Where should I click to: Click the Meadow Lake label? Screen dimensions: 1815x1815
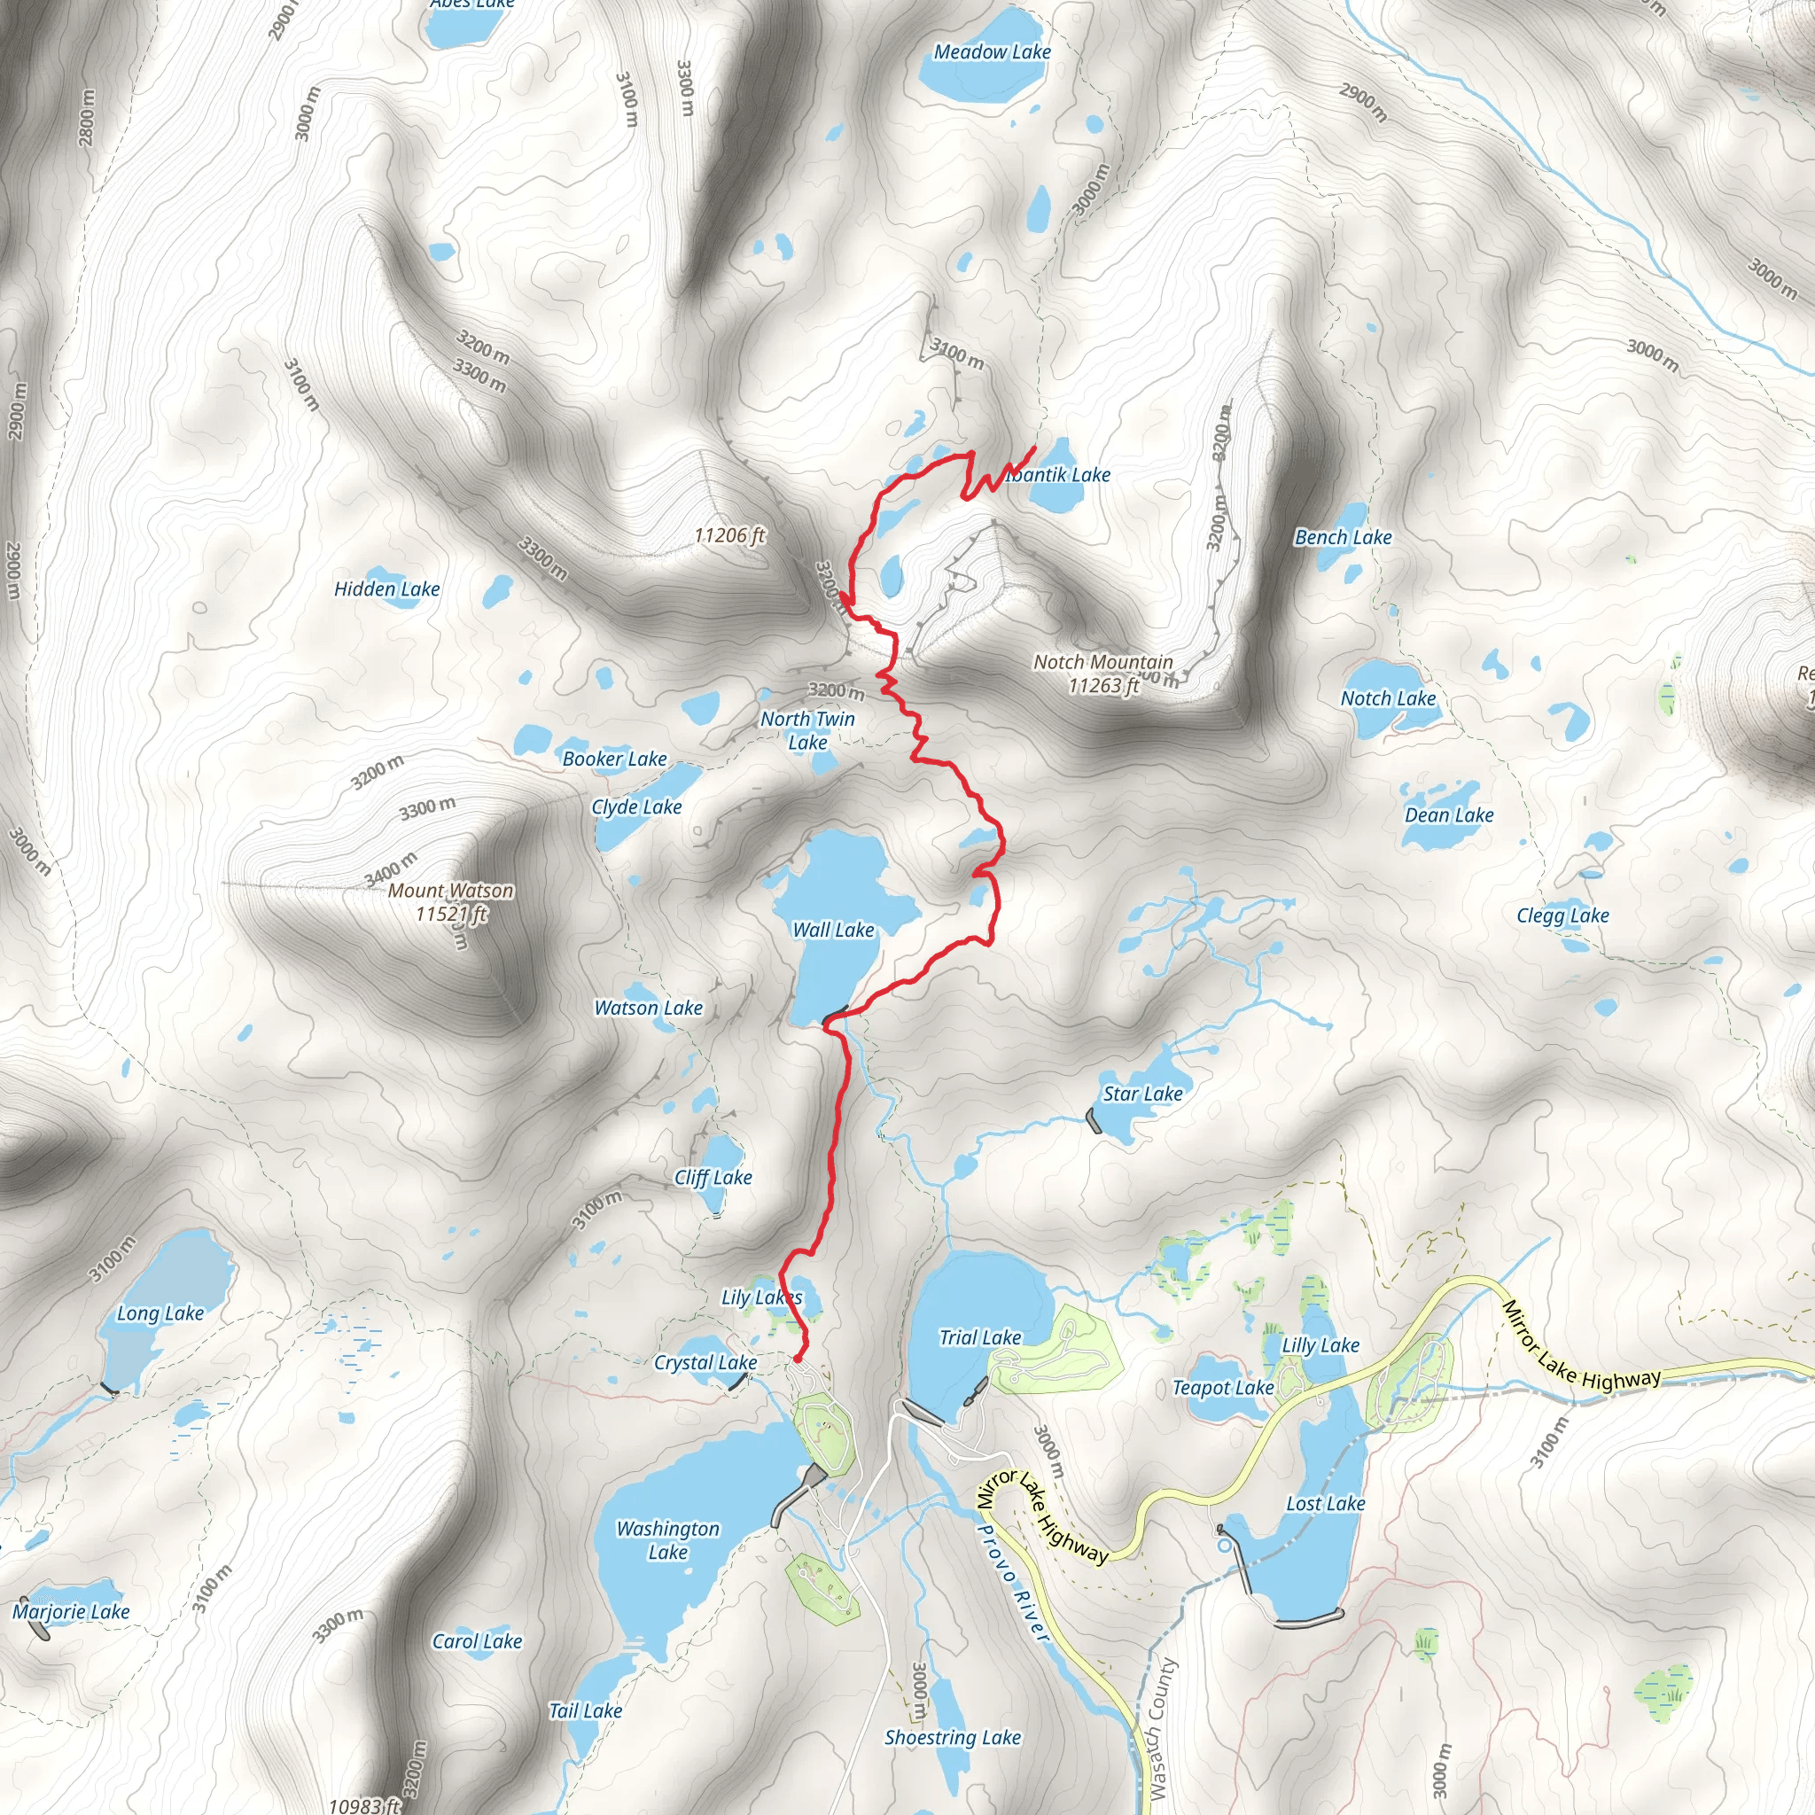(992, 52)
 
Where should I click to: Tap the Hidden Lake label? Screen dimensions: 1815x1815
(387, 589)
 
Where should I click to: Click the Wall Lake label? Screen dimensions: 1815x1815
(833, 930)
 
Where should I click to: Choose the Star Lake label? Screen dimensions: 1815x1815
(1142, 1094)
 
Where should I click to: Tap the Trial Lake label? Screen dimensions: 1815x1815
(980, 1336)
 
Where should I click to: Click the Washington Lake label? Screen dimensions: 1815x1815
(668, 1539)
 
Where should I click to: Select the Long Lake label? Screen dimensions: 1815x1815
(160, 1313)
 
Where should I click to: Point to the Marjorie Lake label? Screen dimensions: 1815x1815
(72, 1612)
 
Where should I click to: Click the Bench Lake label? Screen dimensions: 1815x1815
(1344, 537)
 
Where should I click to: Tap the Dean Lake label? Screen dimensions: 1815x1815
(1449, 815)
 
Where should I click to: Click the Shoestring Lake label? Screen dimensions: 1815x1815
(953, 1738)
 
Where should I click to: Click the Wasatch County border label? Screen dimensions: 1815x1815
(1162, 1727)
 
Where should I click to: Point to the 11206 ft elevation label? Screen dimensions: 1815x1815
(730, 535)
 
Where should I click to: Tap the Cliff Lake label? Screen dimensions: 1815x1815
(713, 1177)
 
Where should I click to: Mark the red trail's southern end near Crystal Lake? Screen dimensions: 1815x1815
(798, 1359)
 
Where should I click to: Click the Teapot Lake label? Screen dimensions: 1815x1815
(1223, 1388)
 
